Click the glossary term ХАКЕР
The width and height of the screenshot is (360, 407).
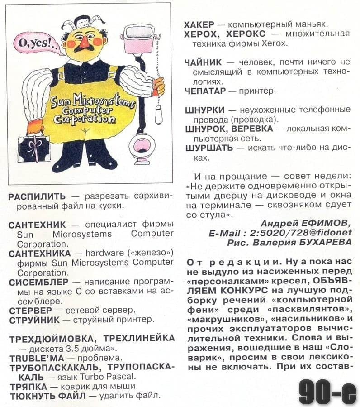click(x=199, y=24)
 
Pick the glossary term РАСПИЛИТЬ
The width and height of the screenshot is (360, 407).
click(x=37, y=196)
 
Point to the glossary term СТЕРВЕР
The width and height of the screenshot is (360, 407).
click(x=31, y=311)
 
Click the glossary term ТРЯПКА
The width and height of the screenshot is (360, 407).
click(x=28, y=386)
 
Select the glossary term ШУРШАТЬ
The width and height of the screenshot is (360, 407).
click(x=209, y=148)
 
